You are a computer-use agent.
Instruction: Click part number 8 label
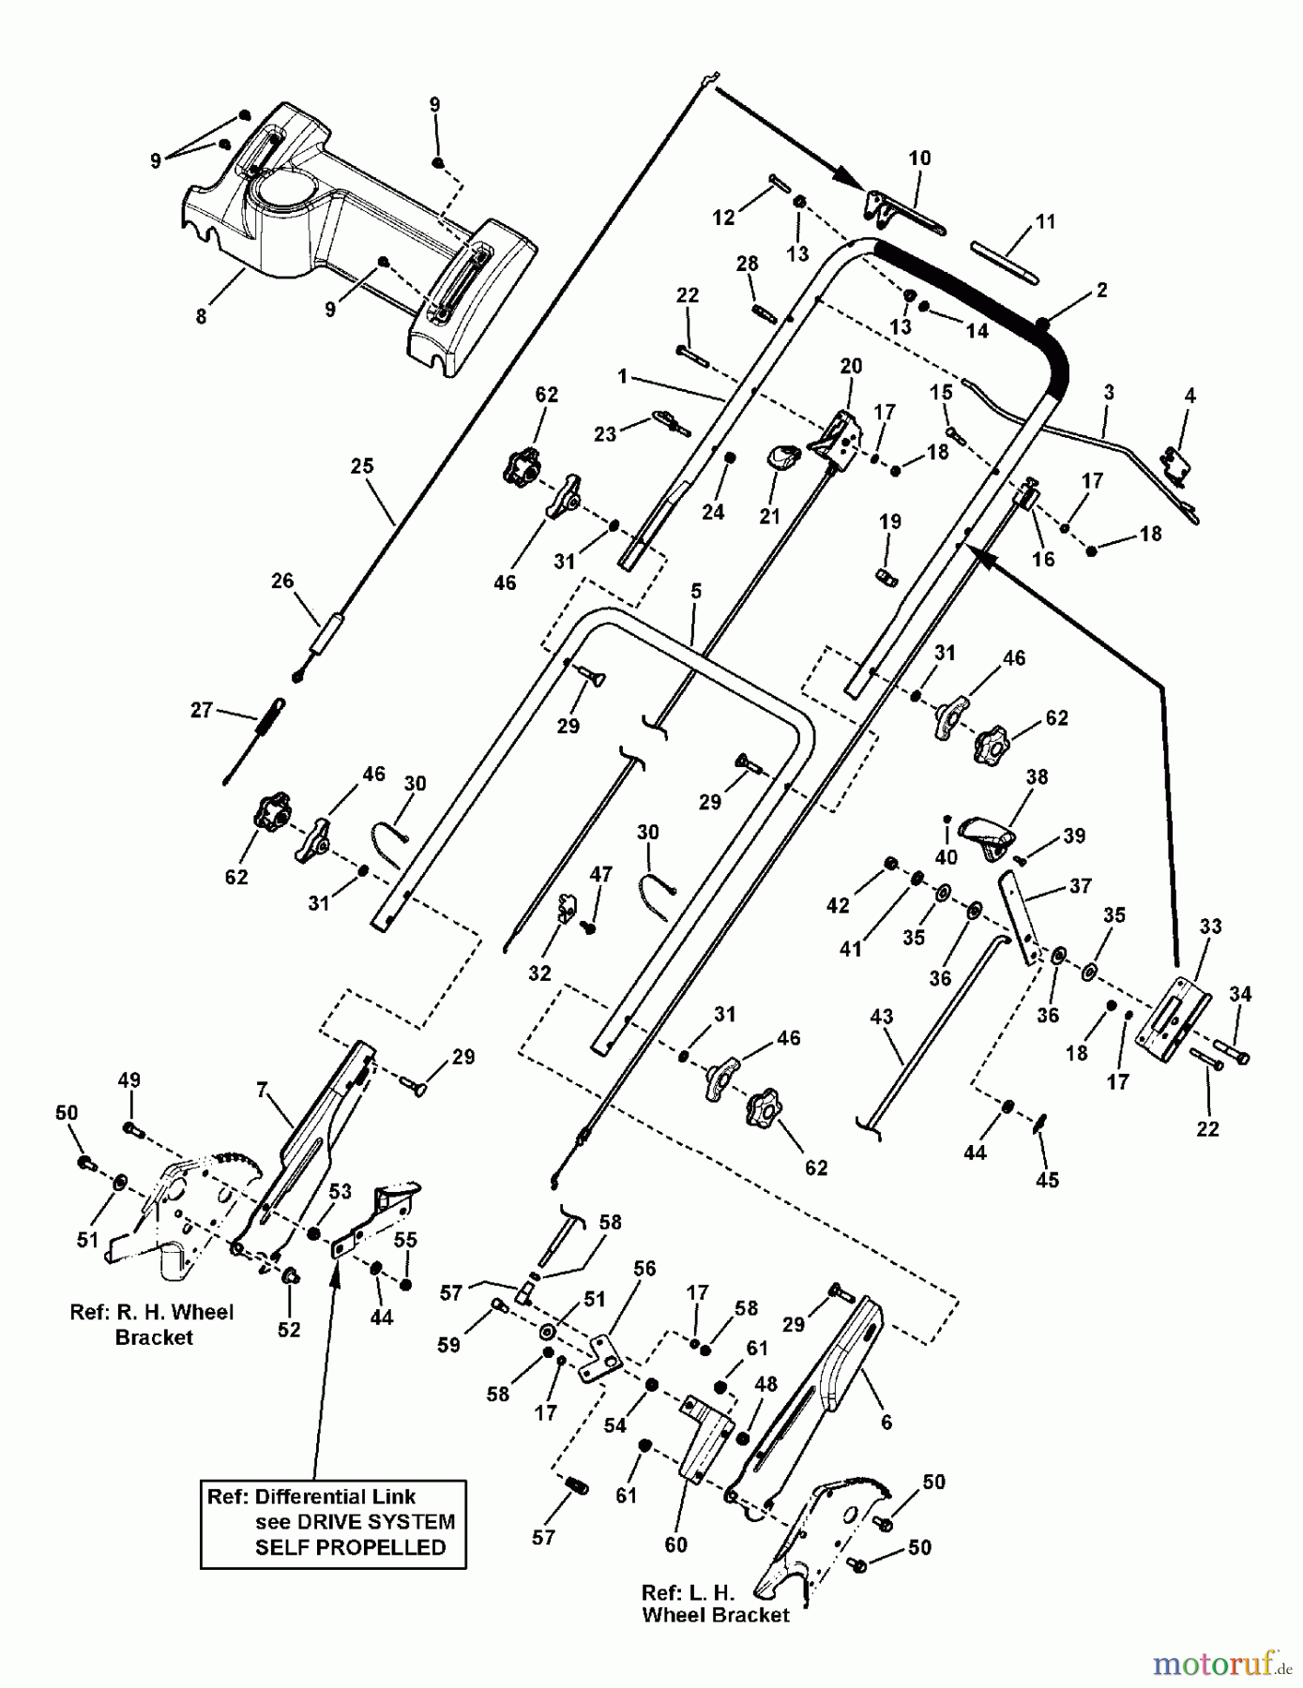pyautogui.click(x=201, y=317)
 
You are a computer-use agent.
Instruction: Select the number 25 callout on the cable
pyautogui.click(x=362, y=466)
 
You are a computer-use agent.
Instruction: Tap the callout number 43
pyautogui.click(x=882, y=1017)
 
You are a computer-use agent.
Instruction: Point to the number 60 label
pyautogui.click(x=675, y=1545)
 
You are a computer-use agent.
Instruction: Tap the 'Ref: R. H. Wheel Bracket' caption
pyautogui.click(x=152, y=1324)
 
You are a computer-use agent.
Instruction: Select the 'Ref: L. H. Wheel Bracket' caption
pyautogui.click(x=715, y=1604)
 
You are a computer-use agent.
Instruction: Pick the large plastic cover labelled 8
pyautogui.click(x=356, y=234)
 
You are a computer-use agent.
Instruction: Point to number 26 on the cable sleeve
pyautogui.click(x=282, y=581)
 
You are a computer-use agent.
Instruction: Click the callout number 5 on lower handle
pyautogui.click(x=695, y=592)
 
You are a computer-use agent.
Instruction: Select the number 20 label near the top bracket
pyautogui.click(x=851, y=366)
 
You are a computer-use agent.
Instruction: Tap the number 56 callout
pyautogui.click(x=644, y=1269)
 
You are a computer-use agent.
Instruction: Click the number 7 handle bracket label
pyautogui.click(x=262, y=1090)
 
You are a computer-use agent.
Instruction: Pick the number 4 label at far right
pyautogui.click(x=1189, y=396)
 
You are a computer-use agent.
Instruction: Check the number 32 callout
pyautogui.click(x=539, y=973)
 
